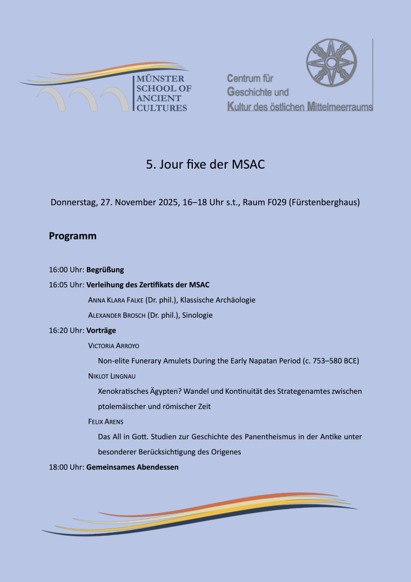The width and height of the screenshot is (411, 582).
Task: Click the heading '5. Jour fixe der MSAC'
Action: tap(205, 165)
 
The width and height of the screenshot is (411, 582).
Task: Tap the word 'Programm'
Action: tap(73, 236)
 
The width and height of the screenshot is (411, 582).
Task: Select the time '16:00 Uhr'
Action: tap(66, 270)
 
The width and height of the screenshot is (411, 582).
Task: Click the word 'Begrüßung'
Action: tap(105, 270)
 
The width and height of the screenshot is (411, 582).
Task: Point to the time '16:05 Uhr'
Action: tap(66, 285)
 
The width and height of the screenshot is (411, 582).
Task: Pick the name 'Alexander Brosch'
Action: tap(117, 315)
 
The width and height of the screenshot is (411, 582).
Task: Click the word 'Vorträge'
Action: tap(101, 330)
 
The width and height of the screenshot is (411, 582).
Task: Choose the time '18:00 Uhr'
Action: tap(66, 467)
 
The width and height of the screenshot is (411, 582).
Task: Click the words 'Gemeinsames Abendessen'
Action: tap(132, 467)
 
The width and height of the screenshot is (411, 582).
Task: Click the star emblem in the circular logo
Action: tap(332, 62)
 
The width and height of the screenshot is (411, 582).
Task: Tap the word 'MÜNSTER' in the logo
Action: tap(160, 79)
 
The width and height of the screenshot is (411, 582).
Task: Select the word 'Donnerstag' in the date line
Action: tap(73, 203)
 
